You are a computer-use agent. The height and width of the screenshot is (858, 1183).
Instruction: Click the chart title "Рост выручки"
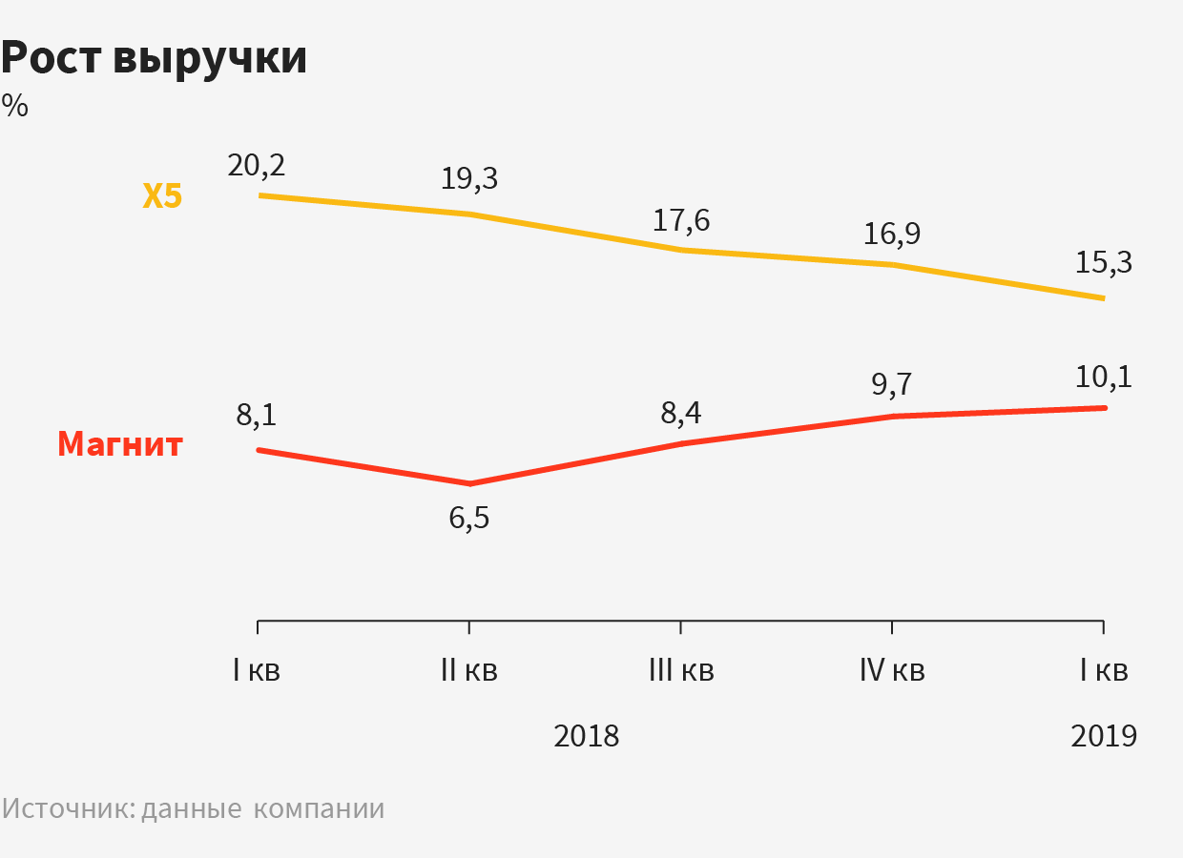pyautogui.click(x=155, y=59)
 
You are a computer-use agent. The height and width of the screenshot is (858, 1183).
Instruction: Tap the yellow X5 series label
pyautogui.click(x=162, y=196)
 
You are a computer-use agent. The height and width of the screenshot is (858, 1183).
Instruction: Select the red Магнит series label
pyautogui.click(x=119, y=444)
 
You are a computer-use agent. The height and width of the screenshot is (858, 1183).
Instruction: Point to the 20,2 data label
pyautogui.click(x=257, y=165)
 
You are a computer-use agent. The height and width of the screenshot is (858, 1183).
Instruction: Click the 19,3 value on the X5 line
pyautogui.click(x=469, y=178)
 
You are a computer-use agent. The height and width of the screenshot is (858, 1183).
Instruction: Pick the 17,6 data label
pyautogui.click(x=681, y=220)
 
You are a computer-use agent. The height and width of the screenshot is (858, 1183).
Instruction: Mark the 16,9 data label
pyautogui.click(x=892, y=234)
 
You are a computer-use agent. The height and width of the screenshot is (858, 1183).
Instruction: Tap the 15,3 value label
pyautogui.click(x=1104, y=262)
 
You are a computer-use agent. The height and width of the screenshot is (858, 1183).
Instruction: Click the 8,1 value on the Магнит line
pyautogui.click(x=257, y=417)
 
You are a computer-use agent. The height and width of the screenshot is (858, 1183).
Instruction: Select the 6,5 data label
pyautogui.click(x=469, y=521)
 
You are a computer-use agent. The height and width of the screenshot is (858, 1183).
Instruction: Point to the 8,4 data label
pyautogui.click(x=681, y=415)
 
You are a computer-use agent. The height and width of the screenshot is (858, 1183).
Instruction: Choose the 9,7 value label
pyautogui.click(x=892, y=384)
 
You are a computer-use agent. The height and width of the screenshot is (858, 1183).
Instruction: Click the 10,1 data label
pyautogui.click(x=1104, y=377)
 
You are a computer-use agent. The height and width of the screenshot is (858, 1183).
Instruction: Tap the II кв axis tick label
pyautogui.click(x=469, y=670)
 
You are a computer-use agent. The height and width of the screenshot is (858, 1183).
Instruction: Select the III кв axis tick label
pyautogui.click(x=681, y=670)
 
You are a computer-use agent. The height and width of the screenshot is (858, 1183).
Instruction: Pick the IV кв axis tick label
pyautogui.click(x=892, y=670)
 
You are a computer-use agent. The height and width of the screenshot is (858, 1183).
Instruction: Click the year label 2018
pyautogui.click(x=587, y=736)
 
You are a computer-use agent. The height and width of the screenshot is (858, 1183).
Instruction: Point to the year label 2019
pyautogui.click(x=1104, y=736)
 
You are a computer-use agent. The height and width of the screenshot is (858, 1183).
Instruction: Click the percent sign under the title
pyautogui.click(x=15, y=106)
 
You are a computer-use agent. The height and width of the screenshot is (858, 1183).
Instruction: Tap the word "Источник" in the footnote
pyautogui.click(x=69, y=808)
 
